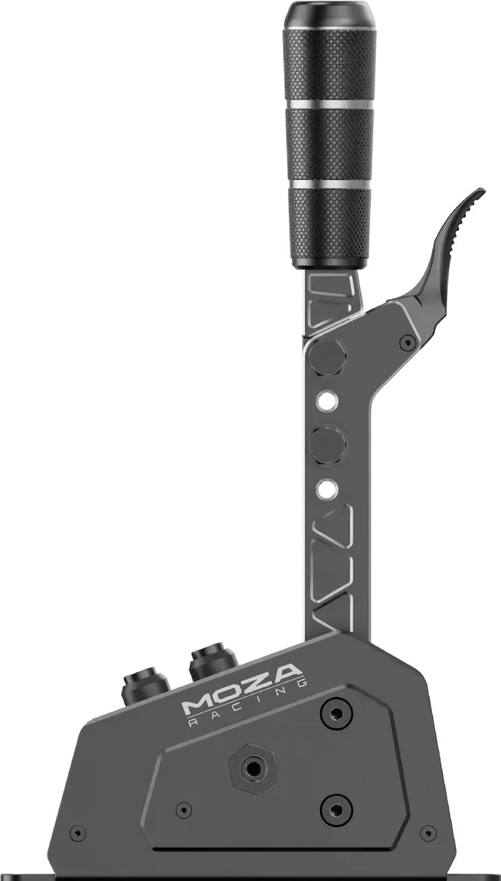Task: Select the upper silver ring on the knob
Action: (328, 104)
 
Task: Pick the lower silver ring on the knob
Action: (329, 184)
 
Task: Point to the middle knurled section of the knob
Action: (329, 144)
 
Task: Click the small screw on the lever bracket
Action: (407, 342)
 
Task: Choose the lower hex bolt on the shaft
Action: (327, 445)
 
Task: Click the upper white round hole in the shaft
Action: (327, 401)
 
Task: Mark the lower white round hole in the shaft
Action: (327, 488)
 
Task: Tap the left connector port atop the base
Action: (145, 686)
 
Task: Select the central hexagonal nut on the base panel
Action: (252, 767)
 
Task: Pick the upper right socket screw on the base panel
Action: (336, 713)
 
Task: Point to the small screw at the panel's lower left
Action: (183, 810)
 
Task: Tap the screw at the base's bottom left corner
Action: (78, 833)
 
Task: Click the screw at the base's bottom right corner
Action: (428, 833)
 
